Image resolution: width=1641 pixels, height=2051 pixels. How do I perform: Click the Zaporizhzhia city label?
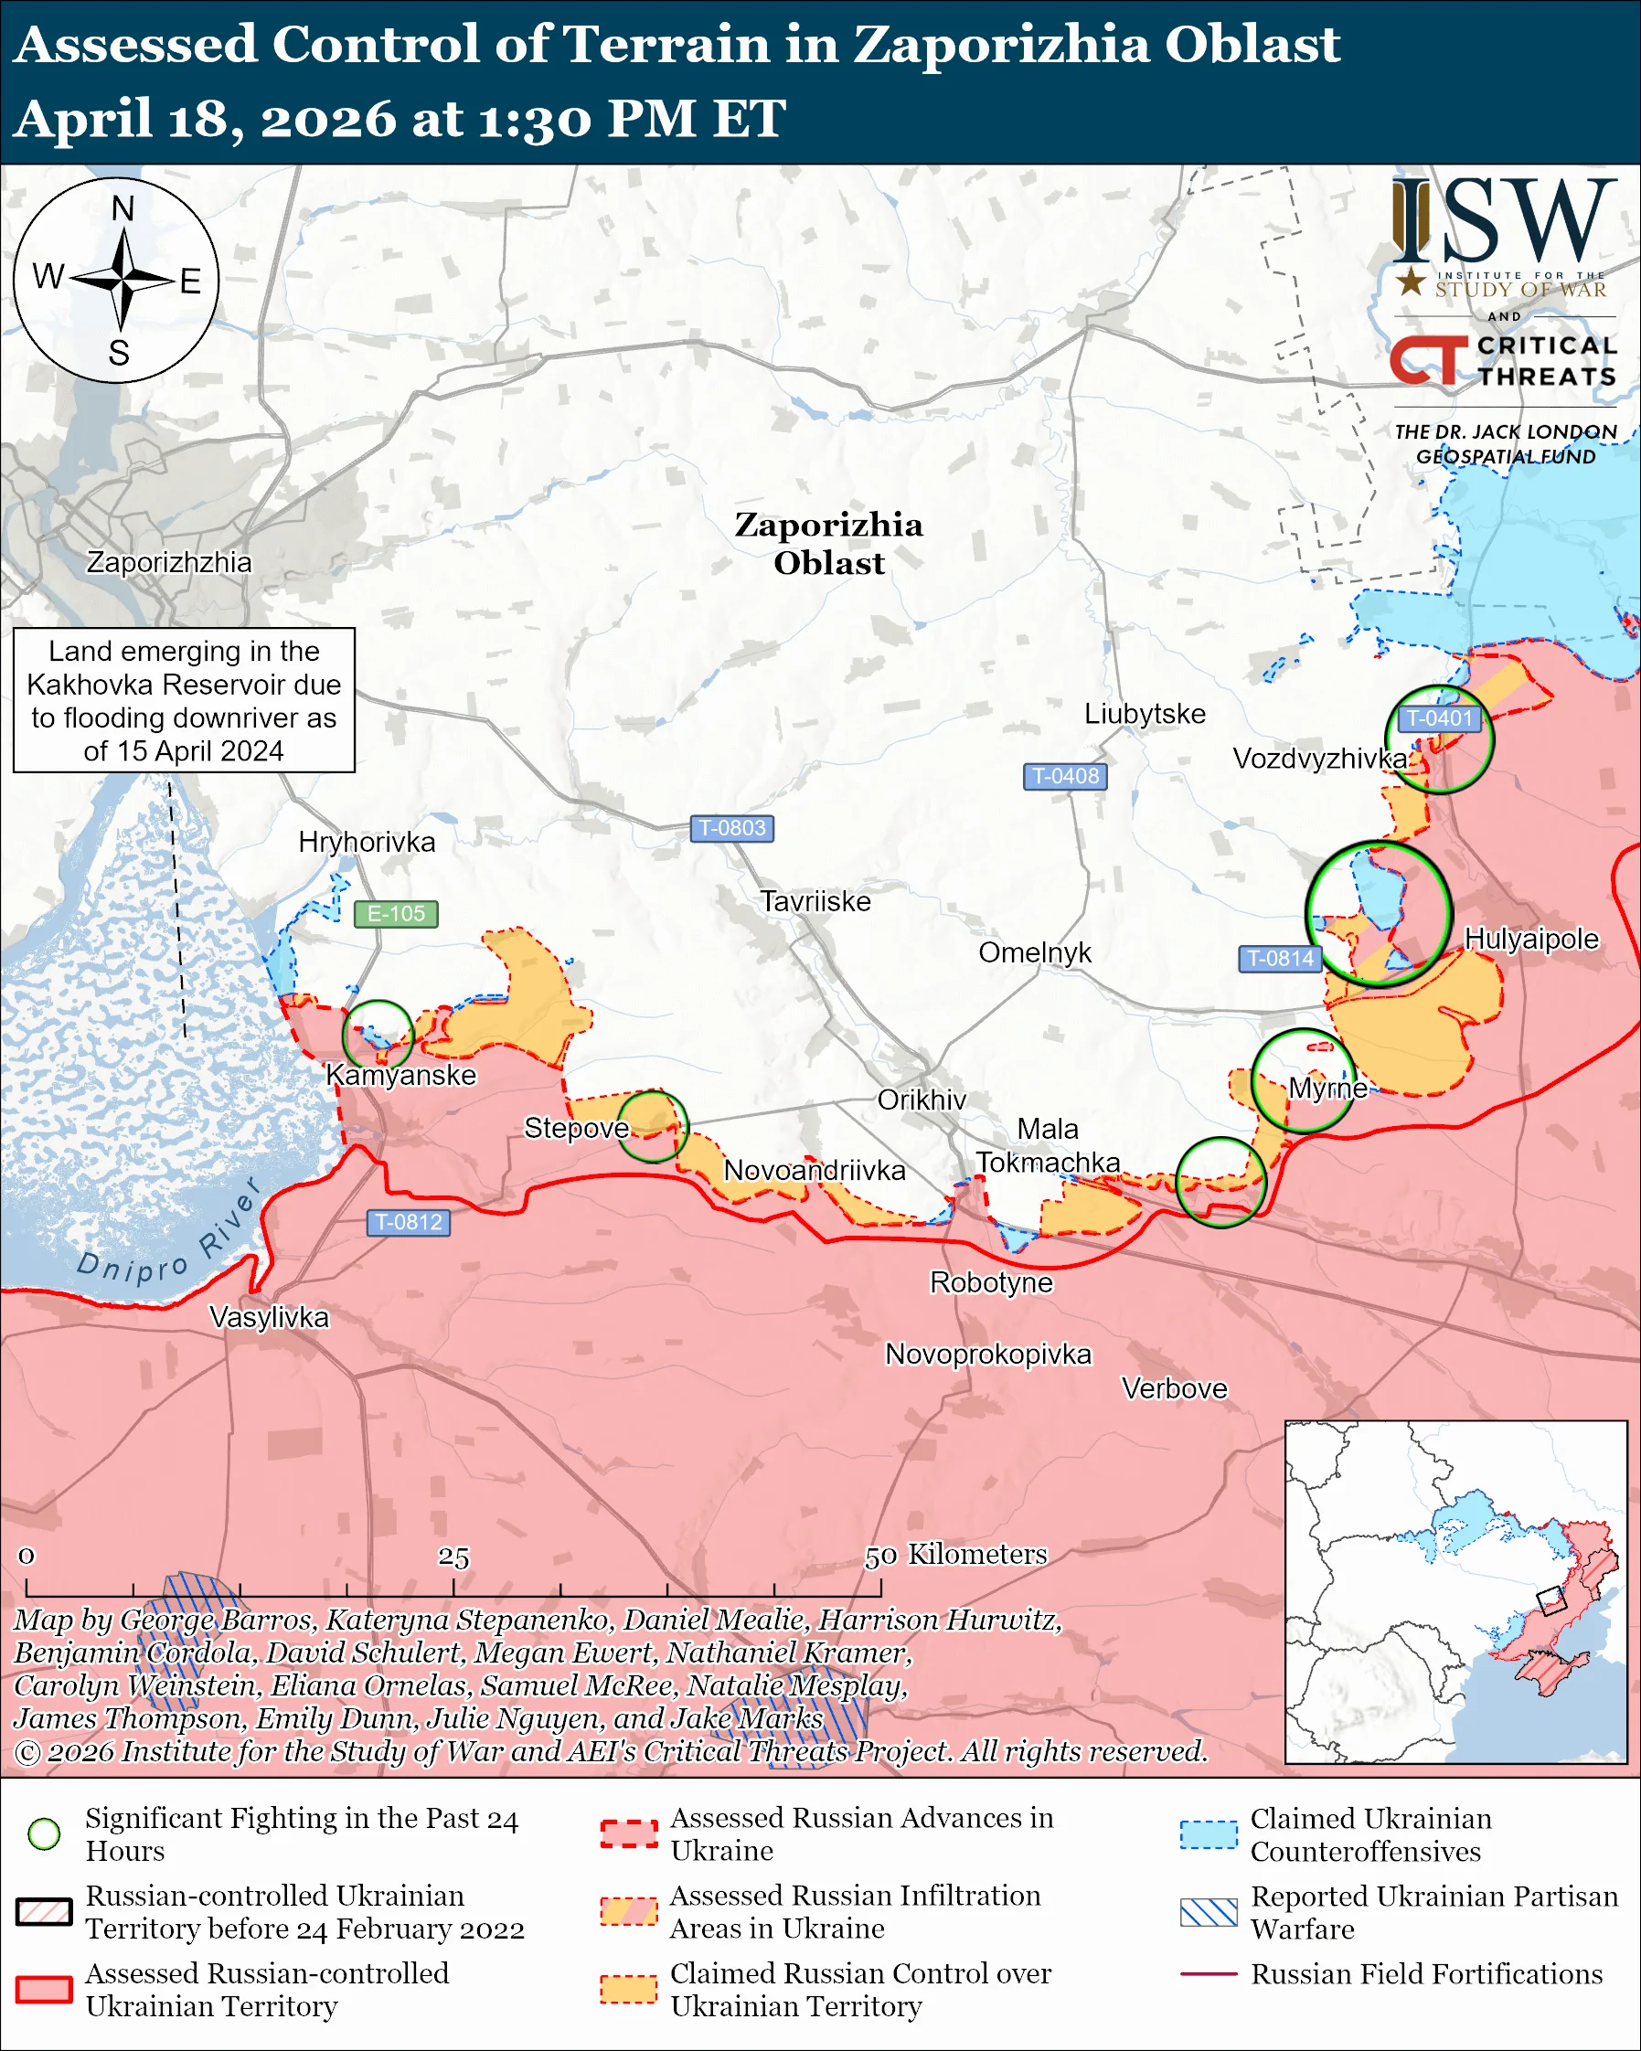coord(168,562)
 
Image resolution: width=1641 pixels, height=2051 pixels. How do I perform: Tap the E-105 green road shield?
coord(396,913)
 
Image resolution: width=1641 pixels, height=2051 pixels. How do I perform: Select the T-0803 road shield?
coord(731,828)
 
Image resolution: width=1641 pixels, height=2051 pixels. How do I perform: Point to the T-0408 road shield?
coord(1064,775)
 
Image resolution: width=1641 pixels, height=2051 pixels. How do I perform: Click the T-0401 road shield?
coord(1438,718)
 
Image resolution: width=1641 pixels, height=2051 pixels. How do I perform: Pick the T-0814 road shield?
coord(1280,958)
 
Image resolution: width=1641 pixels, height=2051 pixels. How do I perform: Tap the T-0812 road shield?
coord(408,1221)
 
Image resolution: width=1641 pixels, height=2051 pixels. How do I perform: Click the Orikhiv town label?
coord(921,1100)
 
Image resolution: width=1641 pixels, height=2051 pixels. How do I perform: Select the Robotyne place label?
coord(991,1282)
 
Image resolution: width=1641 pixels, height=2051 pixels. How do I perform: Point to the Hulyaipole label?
coord(1530,938)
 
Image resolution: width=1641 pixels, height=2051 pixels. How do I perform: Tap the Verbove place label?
coord(1174,1388)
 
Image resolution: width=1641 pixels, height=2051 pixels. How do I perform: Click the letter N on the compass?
coord(123,208)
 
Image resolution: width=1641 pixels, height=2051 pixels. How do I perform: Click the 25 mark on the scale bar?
coord(453,1557)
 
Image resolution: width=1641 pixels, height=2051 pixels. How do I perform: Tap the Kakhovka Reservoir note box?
coord(184,700)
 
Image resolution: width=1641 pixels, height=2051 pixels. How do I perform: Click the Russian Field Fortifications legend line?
coord(1209,1974)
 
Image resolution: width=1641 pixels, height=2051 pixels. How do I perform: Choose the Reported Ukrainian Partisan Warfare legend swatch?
coord(1209,1912)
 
